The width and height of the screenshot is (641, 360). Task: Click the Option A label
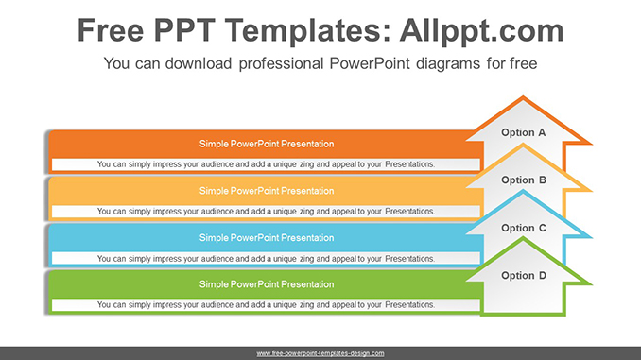[524, 133]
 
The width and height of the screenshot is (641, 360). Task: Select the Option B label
[524, 180]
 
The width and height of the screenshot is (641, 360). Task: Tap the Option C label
[524, 228]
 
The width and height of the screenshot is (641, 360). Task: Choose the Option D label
[524, 276]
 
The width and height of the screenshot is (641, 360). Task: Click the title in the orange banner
[266, 145]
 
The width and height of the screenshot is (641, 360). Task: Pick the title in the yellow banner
[266, 191]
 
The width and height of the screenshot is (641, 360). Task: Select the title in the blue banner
[266, 238]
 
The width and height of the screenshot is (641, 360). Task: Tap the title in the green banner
[266, 284]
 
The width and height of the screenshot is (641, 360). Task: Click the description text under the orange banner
[266, 164]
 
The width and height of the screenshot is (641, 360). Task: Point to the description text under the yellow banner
[266, 211]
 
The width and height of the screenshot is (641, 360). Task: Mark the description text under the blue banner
[266, 258]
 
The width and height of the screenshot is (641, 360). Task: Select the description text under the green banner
[266, 304]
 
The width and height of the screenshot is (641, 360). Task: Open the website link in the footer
[320, 353]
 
